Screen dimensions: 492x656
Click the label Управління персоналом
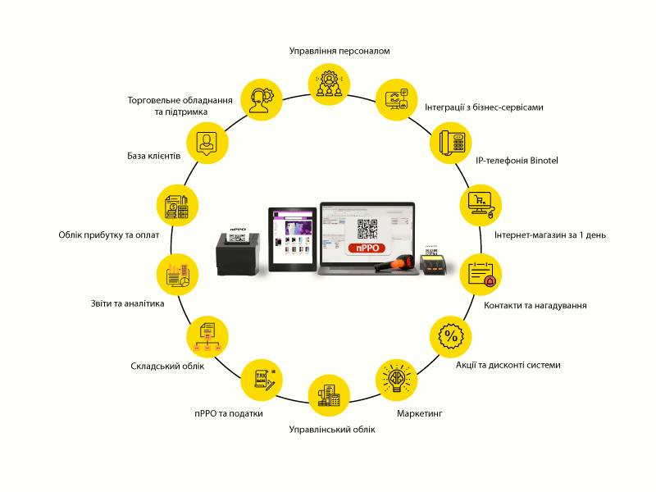[x=339, y=51]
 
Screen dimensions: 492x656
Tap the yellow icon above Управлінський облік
[x=329, y=396]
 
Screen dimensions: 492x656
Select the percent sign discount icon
[x=450, y=336]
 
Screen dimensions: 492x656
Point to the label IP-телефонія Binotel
[x=517, y=161]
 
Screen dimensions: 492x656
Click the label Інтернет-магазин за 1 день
[x=550, y=235]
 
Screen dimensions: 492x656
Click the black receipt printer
[x=238, y=255]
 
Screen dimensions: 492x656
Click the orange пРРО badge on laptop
[x=367, y=248]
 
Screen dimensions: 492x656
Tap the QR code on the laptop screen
[x=368, y=227]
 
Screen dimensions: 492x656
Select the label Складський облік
[x=167, y=366]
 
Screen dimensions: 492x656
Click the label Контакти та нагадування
[x=535, y=305]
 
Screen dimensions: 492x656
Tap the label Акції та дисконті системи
[x=508, y=365]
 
